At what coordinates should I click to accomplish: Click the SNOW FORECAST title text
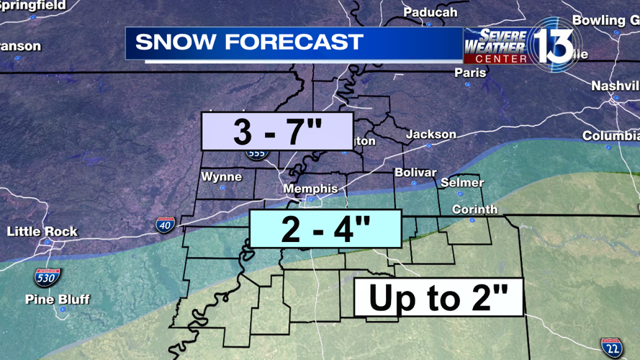pos(249,42)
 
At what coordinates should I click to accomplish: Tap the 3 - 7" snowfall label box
pos(277,131)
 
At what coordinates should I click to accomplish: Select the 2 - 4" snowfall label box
pos(325,229)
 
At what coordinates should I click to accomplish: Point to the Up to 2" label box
pos(438,297)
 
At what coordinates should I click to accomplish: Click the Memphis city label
pos(310,189)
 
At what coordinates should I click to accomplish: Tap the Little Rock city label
pos(42,232)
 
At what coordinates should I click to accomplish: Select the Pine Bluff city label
pos(58,299)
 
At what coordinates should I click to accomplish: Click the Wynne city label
pos(222,176)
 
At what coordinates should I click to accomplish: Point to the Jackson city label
pos(431,135)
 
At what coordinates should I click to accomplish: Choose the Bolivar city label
pos(415,173)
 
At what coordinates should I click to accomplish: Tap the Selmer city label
pos(461,183)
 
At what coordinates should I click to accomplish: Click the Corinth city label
pos(474,210)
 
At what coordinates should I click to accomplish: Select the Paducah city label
pos(430,12)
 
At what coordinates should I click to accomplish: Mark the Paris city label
pos(470,73)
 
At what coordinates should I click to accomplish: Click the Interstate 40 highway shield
pos(165,224)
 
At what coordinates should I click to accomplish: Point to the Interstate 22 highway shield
pos(612,348)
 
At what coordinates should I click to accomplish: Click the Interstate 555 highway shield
pos(256,153)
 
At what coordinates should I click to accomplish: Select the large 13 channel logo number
pos(553,45)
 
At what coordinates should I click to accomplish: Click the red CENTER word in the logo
pos(501,59)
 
